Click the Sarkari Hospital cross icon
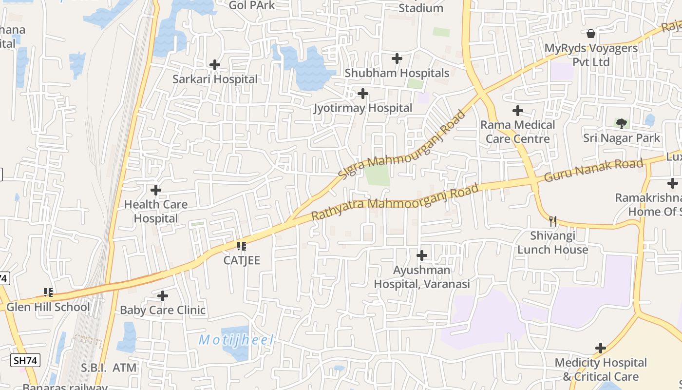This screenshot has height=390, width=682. (214, 64)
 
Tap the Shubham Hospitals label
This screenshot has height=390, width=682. (397, 73)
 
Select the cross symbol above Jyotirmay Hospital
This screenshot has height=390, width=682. (362, 93)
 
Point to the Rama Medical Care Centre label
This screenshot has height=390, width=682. (517, 132)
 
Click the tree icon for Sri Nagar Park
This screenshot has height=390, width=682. (621, 124)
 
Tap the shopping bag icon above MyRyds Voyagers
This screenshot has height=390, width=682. (591, 34)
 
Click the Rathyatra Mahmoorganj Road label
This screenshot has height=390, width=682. (395, 201)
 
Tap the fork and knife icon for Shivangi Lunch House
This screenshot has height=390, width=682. (552, 221)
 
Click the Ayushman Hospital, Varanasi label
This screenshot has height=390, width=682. (422, 277)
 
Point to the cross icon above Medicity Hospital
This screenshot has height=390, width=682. (601, 348)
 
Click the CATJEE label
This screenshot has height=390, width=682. (242, 260)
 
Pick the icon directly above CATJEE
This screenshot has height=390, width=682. (241, 246)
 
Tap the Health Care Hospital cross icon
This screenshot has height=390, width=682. (156, 190)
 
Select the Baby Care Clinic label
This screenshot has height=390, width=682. (163, 310)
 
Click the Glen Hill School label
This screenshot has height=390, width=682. (48, 307)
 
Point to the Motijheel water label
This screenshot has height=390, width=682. (237, 340)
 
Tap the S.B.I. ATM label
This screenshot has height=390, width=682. (109, 368)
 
